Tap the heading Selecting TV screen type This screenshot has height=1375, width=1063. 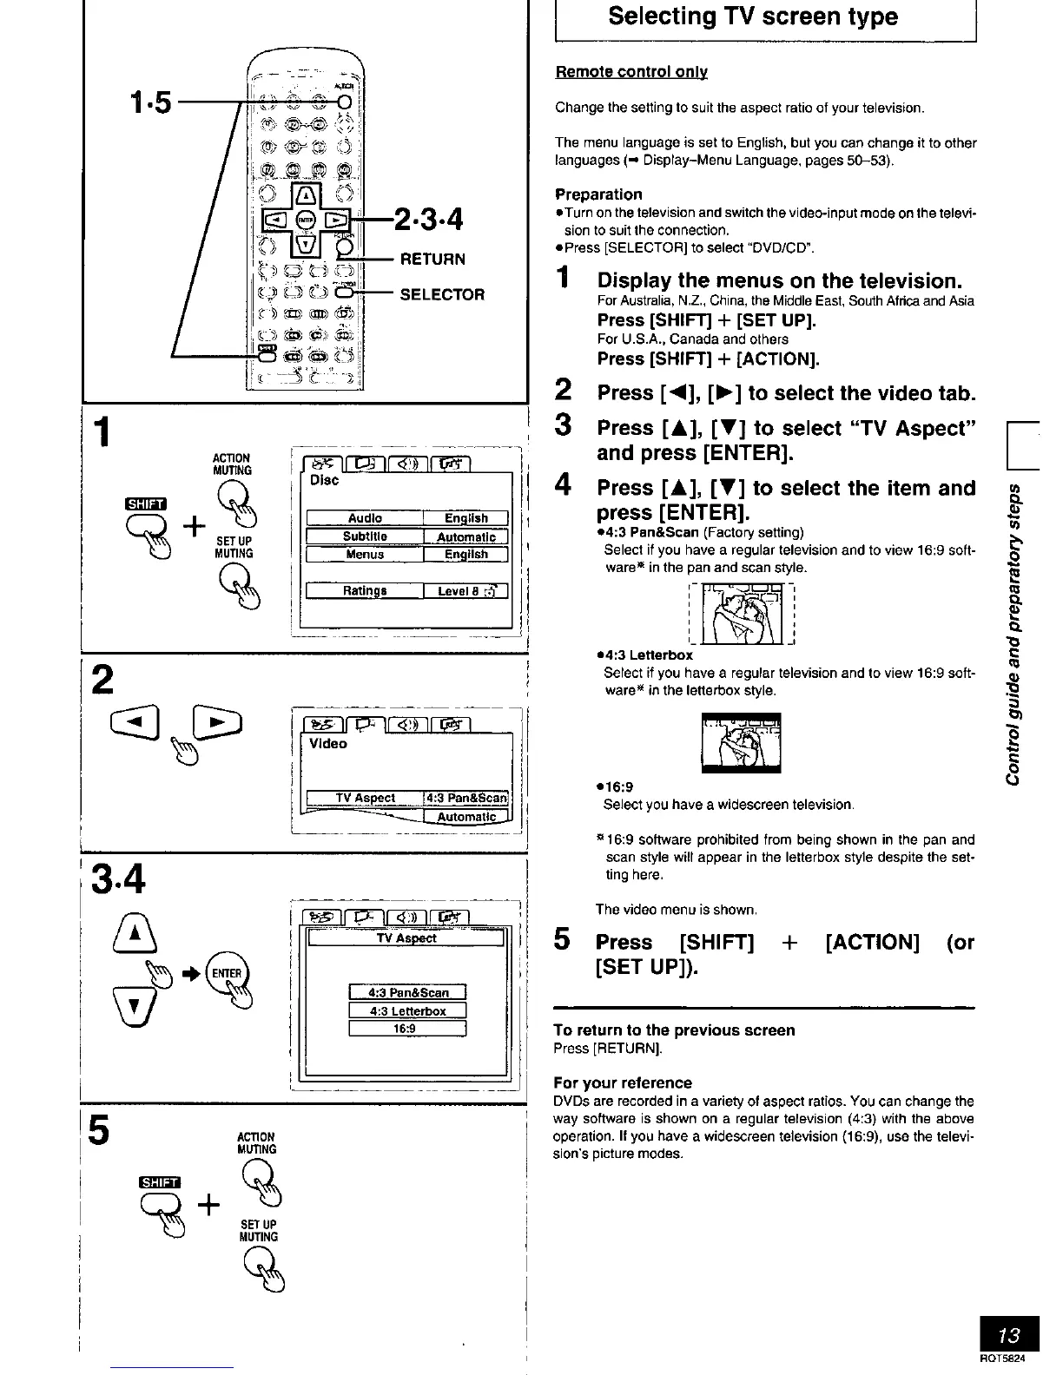[x=753, y=16]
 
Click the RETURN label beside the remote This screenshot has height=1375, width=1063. [x=432, y=259]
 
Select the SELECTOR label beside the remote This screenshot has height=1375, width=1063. [x=442, y=294]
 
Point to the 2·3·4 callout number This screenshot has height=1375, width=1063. [x=429, y=218]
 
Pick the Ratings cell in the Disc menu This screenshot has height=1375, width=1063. [x=365, y=591]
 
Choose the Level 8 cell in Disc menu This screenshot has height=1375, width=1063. [x=465, y=591]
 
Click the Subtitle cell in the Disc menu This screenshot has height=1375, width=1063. [x=365, y=536]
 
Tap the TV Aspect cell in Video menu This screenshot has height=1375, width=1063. [x=365, y=798]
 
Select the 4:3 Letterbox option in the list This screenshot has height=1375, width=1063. [x=407, y=1010]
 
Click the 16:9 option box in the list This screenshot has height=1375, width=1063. [x=407, y=1029]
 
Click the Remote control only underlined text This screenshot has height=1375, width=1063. [x=631, y=72]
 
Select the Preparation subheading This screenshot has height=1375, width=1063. [x=598, y=194]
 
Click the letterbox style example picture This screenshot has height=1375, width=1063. [x=741, y=742]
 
